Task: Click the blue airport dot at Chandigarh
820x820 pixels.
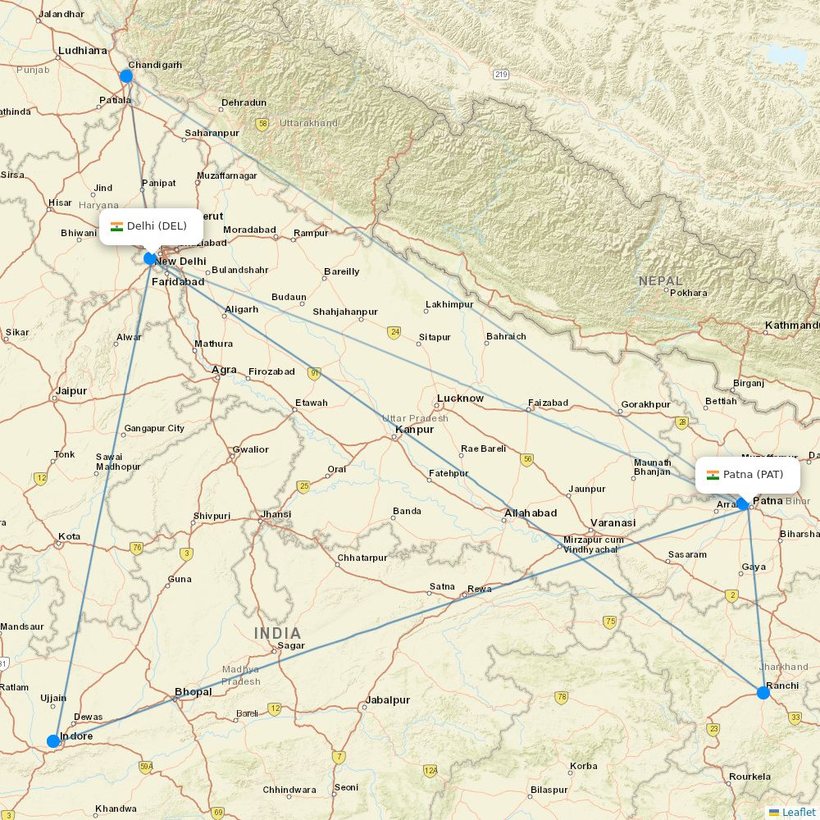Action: coord(126,76)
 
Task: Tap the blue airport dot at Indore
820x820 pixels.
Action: coord(53,741)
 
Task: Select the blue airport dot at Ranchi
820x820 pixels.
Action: coord(763,693)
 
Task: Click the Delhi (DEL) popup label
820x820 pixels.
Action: coord(152,226)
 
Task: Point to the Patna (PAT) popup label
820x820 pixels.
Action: coord(748,475)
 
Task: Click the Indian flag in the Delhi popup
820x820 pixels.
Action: coord(116,226)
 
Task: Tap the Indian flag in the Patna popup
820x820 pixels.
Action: coord(713,475)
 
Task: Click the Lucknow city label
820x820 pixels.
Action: coord(460,399)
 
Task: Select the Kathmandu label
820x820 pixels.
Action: coord(791,326)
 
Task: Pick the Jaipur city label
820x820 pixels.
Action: coord(71,391)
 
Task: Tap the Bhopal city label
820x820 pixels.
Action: coord(193,692)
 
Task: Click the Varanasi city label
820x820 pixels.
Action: coord(613,522)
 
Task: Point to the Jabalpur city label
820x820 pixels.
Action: coord(387,700)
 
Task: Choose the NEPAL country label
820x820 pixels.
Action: coord(660,281)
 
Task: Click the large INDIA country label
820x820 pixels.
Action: coord(277,633)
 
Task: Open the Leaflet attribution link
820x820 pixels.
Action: coord(798,812)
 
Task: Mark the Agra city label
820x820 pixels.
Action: coord(224,370)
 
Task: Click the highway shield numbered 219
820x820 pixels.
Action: coord(501,75)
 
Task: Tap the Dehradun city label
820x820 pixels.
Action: coord(244,102)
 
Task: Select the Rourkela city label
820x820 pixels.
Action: coord(749,777)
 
